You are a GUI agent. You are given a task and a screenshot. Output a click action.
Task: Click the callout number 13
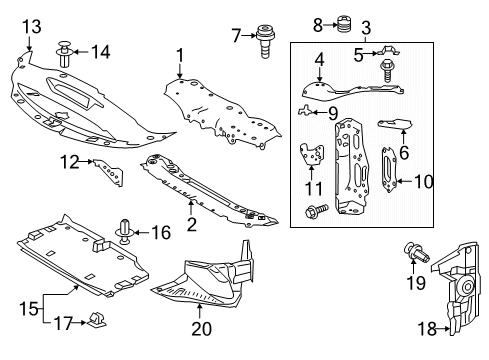32,27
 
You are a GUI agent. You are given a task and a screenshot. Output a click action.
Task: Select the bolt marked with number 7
265,41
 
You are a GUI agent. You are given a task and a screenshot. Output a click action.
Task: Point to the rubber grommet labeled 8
341,24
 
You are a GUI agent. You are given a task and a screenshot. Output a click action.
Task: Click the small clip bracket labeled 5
388,51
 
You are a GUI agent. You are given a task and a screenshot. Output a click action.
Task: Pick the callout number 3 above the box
366,28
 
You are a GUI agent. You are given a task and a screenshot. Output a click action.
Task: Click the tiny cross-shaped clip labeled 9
304,110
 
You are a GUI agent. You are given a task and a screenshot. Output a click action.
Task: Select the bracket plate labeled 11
312,154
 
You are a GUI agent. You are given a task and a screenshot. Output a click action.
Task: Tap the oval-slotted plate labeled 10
389,170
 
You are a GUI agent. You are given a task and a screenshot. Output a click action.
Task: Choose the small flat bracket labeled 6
395,124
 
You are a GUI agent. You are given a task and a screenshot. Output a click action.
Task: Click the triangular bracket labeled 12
109,172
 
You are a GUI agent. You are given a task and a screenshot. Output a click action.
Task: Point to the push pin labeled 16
125,231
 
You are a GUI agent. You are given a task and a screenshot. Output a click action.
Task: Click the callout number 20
201,328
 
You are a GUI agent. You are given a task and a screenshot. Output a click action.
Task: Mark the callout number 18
427,329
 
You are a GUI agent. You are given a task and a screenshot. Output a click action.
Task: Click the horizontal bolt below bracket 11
316,210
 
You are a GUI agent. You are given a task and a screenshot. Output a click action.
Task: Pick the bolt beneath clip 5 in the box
387,70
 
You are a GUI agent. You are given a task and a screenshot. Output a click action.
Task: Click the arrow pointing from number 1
180,71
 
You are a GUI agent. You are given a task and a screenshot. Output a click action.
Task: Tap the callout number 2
192,224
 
